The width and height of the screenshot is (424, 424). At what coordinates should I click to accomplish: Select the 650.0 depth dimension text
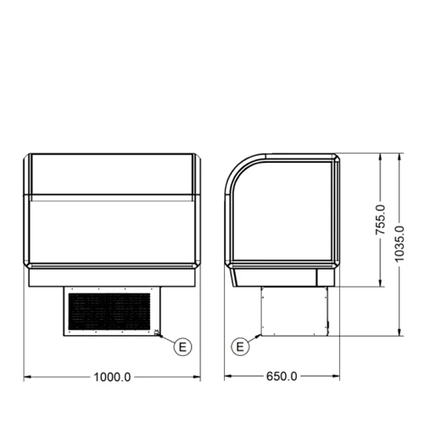coord(281,377)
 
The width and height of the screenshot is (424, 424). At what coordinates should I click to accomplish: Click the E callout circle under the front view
coord(181,345)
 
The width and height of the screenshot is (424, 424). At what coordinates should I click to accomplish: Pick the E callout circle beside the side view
coord(241,346)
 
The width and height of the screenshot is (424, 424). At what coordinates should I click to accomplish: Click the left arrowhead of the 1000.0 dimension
coord(25,377)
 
